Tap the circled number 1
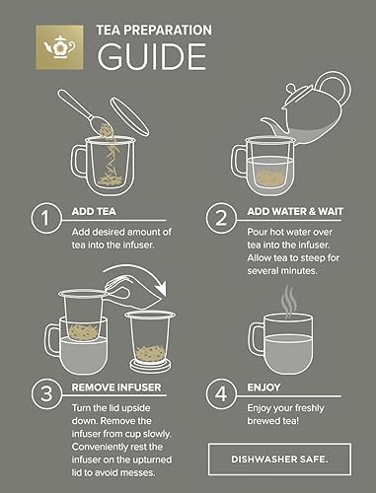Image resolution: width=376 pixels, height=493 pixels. pos(44,217)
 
